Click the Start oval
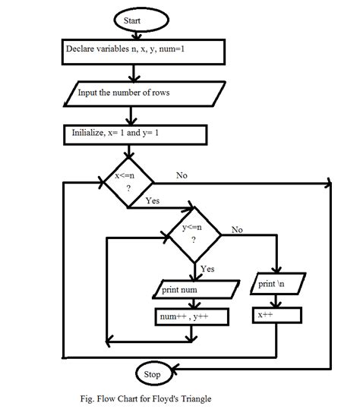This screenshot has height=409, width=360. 133,20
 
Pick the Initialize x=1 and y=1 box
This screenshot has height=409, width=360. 135,134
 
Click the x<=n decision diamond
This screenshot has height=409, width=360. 128,182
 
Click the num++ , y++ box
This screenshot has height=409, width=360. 191,315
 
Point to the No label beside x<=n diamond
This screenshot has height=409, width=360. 182,175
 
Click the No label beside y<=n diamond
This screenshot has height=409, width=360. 237,228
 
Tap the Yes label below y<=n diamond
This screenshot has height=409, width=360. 207,268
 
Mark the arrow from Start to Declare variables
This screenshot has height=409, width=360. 134,33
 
